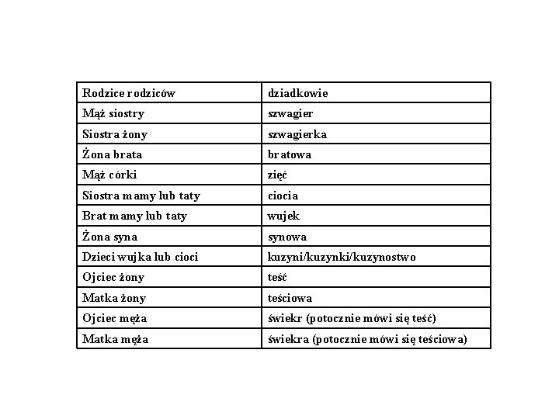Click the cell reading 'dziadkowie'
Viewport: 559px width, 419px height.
298,93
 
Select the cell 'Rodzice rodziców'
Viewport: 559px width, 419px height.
129,93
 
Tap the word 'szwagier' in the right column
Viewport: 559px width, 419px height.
290,113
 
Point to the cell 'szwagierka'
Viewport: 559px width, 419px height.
297,134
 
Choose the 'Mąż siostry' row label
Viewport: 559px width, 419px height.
113,113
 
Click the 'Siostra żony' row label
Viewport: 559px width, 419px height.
115,134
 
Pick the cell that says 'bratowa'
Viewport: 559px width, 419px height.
290,154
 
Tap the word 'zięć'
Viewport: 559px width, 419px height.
277,175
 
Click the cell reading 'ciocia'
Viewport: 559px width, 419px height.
283,196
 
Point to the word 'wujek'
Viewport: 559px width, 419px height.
283,216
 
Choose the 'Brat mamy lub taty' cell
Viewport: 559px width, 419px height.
134,216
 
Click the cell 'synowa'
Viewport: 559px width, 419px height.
287,237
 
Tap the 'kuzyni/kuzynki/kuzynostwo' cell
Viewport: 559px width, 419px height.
342,257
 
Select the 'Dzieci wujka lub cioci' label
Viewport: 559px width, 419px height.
140,257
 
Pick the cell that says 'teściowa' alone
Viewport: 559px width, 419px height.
290,298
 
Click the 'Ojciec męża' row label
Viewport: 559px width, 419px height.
115,318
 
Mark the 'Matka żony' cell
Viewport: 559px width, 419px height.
114,298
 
